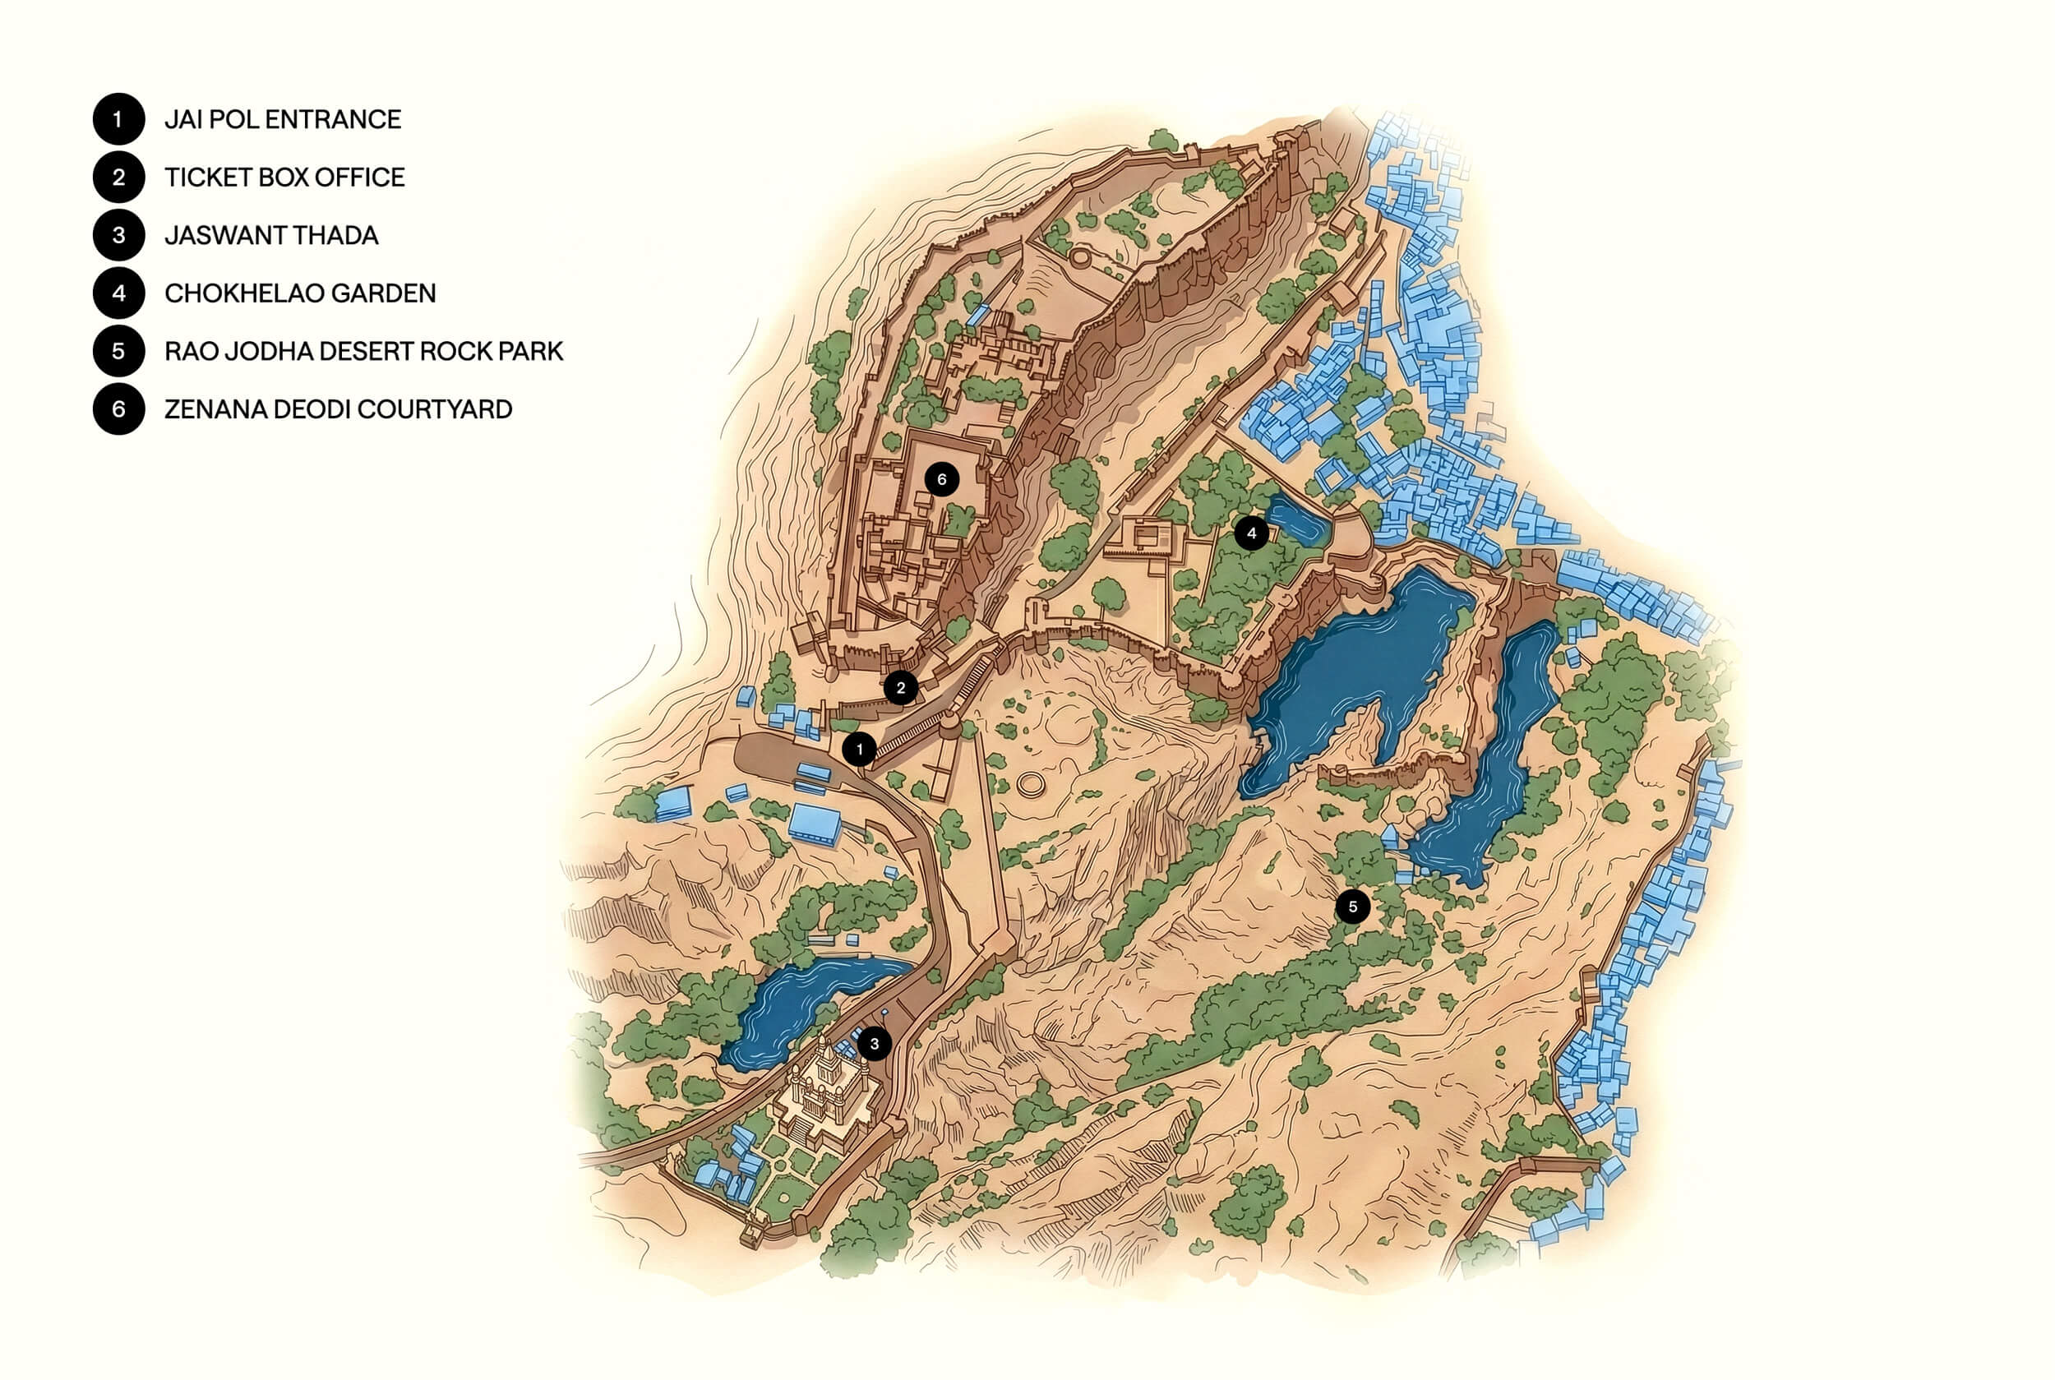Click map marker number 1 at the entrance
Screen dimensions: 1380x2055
[x=859, y=749]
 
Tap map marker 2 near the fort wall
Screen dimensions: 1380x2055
[x=900, y=687]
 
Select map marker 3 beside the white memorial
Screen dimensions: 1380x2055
[x=874, y=1043]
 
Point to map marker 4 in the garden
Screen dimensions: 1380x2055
[x=1250, y=533]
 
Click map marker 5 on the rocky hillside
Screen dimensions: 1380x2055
[x=1353, y=906]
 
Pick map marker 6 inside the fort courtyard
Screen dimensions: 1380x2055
[x=942, y=479]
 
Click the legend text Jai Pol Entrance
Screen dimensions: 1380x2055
[x=283, y=120]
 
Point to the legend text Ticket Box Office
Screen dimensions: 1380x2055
[x=284, y=178]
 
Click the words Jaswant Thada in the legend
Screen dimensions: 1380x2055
[x=271, y=236]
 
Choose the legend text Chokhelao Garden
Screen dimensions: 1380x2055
[x=300, y=293]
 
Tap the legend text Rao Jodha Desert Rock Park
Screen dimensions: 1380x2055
[x=363, y=351]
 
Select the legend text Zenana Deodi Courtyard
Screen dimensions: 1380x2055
[x=338, y=409]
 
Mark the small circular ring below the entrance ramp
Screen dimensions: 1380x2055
[x=1028, y=784]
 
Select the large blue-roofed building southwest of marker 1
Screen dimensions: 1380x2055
[x=814, y=824]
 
